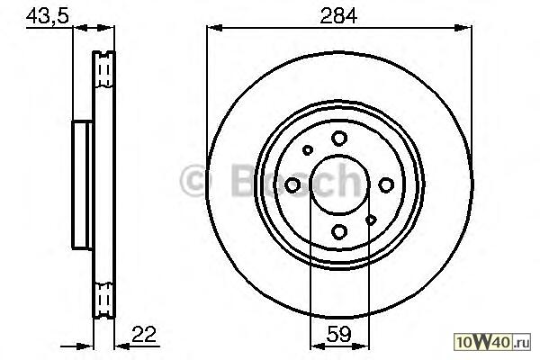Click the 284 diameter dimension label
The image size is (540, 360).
[x=339, y=16]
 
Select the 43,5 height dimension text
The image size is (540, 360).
[x=48, y=16]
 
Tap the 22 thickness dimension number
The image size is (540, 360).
[x=144, y=334]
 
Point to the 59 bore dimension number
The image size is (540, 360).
[x=339, y=334]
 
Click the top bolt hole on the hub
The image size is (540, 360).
[x=339, y=138]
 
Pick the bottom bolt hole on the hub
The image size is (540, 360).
[x=339, y=231]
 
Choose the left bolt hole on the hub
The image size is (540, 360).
[x=292, y=185]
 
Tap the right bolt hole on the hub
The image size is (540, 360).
[x=386, y=185]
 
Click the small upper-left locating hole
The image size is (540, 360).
[x=308, y=150]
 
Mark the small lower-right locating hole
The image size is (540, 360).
[x=371, y=220]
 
